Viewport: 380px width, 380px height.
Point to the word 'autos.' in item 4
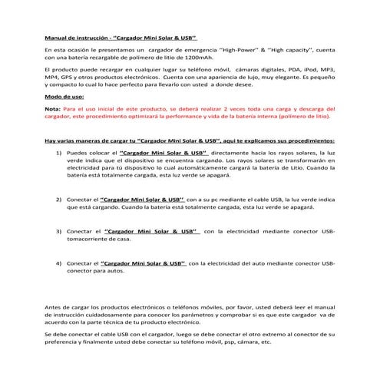pyautogui.click(x=113, y=272)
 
